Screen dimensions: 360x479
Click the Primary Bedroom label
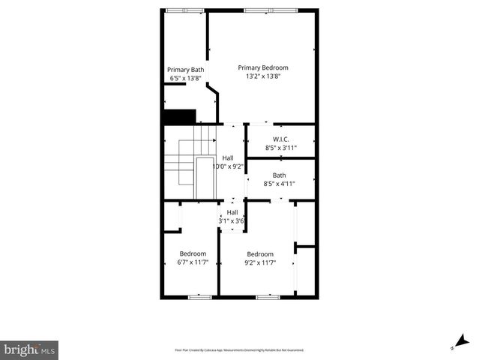[262, 67]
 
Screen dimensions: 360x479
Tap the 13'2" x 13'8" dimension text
[262, 76]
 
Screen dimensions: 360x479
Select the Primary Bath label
[185, 70]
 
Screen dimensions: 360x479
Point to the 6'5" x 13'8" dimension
[185, 78]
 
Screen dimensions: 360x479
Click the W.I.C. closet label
[281, 139]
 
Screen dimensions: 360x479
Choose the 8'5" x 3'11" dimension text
[281, 148]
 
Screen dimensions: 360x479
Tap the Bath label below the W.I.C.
[279, 175]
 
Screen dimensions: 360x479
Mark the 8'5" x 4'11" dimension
[279, 184]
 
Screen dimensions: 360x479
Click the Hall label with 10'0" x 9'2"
[228, 157]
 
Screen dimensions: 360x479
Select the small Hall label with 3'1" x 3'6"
[232, 212]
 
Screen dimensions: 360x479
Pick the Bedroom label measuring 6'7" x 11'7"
[193, 253]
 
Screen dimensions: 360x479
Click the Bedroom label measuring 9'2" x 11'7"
[260, 253]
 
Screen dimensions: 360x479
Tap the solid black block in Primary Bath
[179, 117]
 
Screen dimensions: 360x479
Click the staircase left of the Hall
[182, 162]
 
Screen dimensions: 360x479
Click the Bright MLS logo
[29, 349]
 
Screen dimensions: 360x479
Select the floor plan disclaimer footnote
[239, 349]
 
